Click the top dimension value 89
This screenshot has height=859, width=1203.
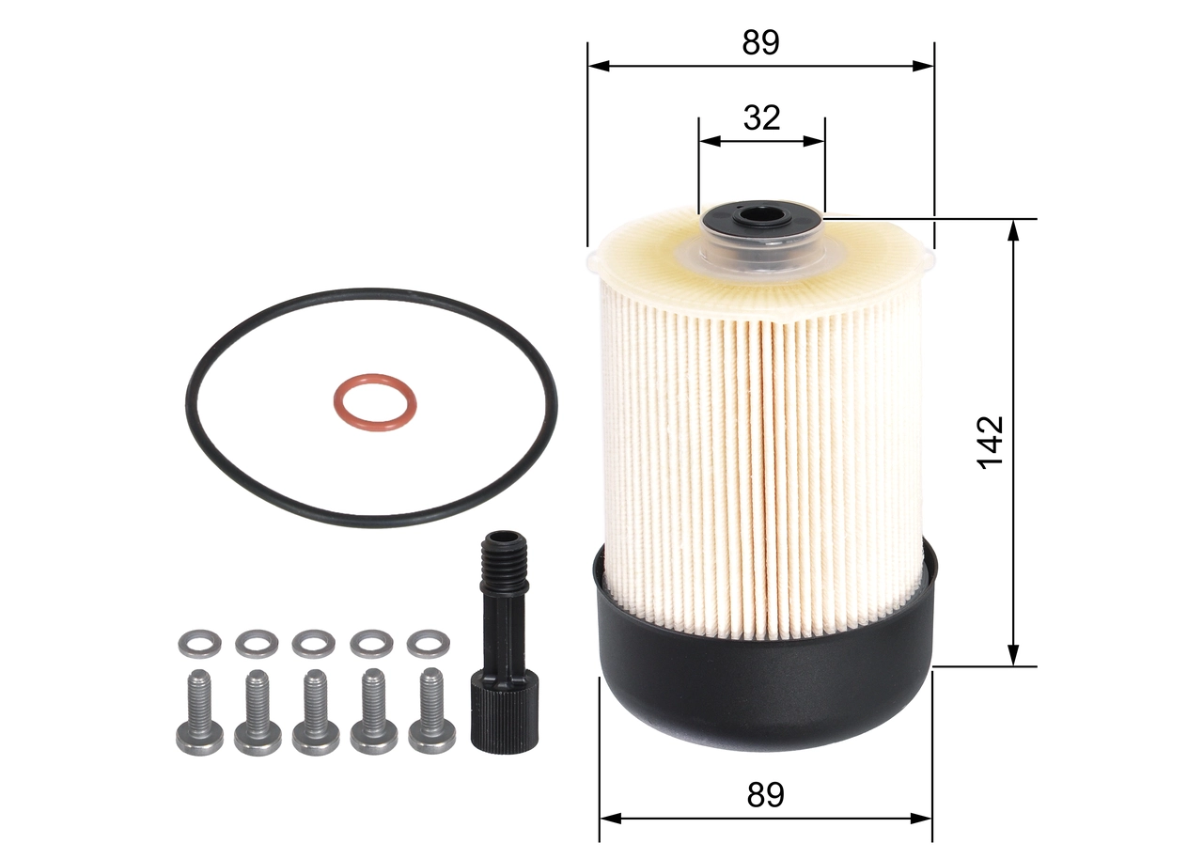[761, 42]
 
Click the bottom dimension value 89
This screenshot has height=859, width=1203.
[766, 795]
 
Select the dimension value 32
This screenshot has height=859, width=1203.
[762, 117]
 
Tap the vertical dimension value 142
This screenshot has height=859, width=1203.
[991, 442]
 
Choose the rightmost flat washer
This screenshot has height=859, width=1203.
[428, 645]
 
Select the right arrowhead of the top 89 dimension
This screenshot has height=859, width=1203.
[925, 66]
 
